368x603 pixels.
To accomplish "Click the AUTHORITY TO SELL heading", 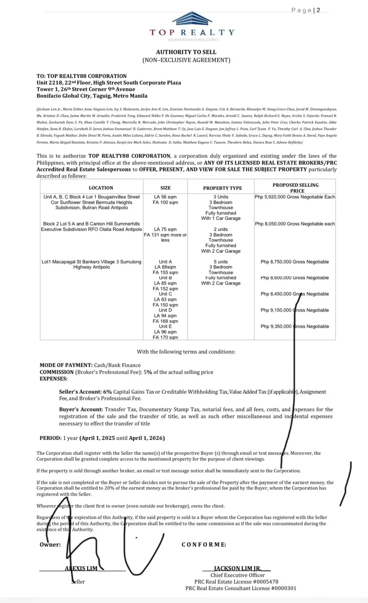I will pyautogui.click(x=186, y=52).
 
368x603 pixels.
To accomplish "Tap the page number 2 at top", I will pyautogui.click(x=318, y=10).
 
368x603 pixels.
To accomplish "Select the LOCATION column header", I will pyautogui.click(x=101, y=188).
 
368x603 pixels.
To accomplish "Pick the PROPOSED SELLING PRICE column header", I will pyautogui.click(x=296, y=188).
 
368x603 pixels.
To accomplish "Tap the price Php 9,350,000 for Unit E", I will pyautogui.click(x=276, y=326).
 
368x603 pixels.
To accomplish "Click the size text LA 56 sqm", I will pyautogui.click(x=165, y=197).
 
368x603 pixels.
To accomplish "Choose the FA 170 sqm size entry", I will pyautogui.click(x=165, y=337).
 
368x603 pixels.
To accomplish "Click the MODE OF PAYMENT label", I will pyautogui.click(x=66, y=365).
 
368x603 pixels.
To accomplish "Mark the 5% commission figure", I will pyautogui.click(x=147, y=372).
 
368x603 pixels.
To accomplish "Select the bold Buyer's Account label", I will pyautogui.click(x=81, y=409).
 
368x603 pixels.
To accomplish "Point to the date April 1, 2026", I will pyautogui.click(x=146, y=438).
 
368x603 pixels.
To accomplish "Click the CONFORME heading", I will pyautogui.click(x=204, y=545).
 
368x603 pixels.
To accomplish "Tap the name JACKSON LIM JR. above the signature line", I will pyautogui.click(x=237, y=568).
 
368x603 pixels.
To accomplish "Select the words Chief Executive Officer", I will pyautogui.click(x=238, y=575).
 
